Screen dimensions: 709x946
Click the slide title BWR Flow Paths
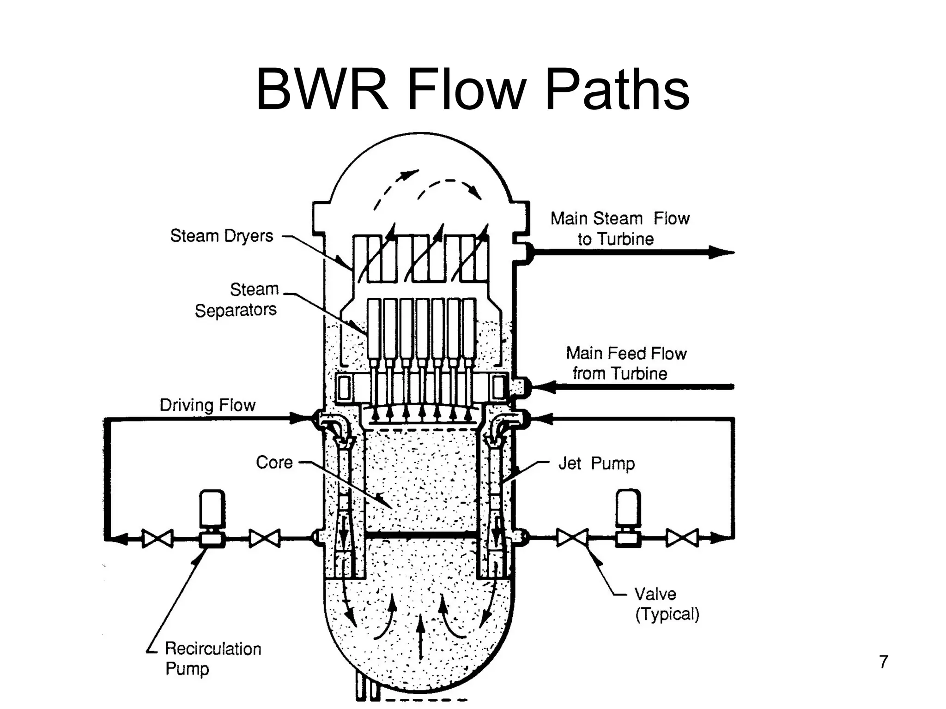(472, 90)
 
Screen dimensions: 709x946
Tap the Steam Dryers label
(222, 236)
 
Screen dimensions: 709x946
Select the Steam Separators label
(236, 300)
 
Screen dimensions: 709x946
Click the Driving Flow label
(207, 405)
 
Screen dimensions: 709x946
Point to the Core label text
(274, 463)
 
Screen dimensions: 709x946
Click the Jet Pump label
(596, 463)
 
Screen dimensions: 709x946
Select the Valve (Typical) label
(667, 604)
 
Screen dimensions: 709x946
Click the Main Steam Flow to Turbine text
(619, 228)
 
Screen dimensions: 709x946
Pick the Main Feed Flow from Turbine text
(626, 363)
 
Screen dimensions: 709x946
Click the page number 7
(883, 662)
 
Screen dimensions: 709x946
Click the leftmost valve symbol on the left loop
(158, 538)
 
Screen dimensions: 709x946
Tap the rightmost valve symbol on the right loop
(682, 538)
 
